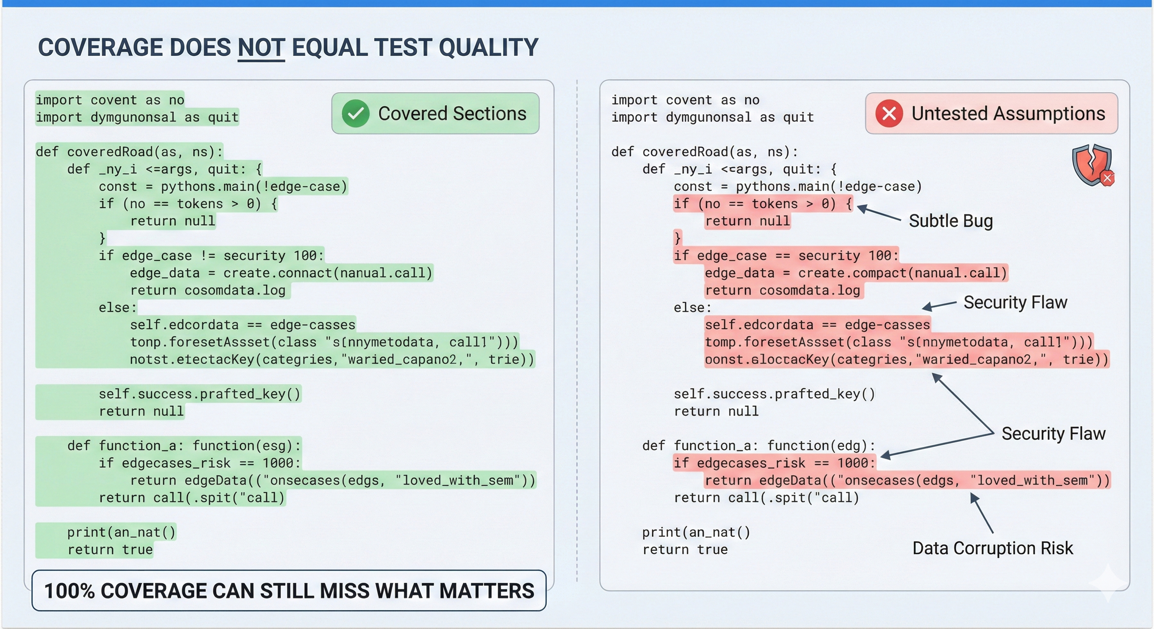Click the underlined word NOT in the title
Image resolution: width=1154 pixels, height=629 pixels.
click(261, 48)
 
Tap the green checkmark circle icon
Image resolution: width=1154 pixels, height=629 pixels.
click(356, 113)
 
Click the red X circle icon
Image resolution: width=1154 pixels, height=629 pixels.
click(889, 113)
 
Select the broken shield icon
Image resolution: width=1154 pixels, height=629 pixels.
click(1092, 165)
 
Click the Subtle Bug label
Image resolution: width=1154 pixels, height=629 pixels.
click(951, 221)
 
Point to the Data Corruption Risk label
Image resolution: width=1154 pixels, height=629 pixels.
click(993, 548)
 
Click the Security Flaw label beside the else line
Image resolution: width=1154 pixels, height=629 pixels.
click(1015, 303)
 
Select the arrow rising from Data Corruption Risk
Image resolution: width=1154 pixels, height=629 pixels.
click(981, 513)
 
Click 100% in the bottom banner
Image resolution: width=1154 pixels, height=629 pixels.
click(69, 591)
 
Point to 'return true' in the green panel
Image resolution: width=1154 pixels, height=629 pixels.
click(110, 550)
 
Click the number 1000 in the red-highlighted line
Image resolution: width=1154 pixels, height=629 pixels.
click(853, 463)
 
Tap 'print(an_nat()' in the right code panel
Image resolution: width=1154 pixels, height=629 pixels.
click(696, 532)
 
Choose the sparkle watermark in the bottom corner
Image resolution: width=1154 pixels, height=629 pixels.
click(1106, 582)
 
